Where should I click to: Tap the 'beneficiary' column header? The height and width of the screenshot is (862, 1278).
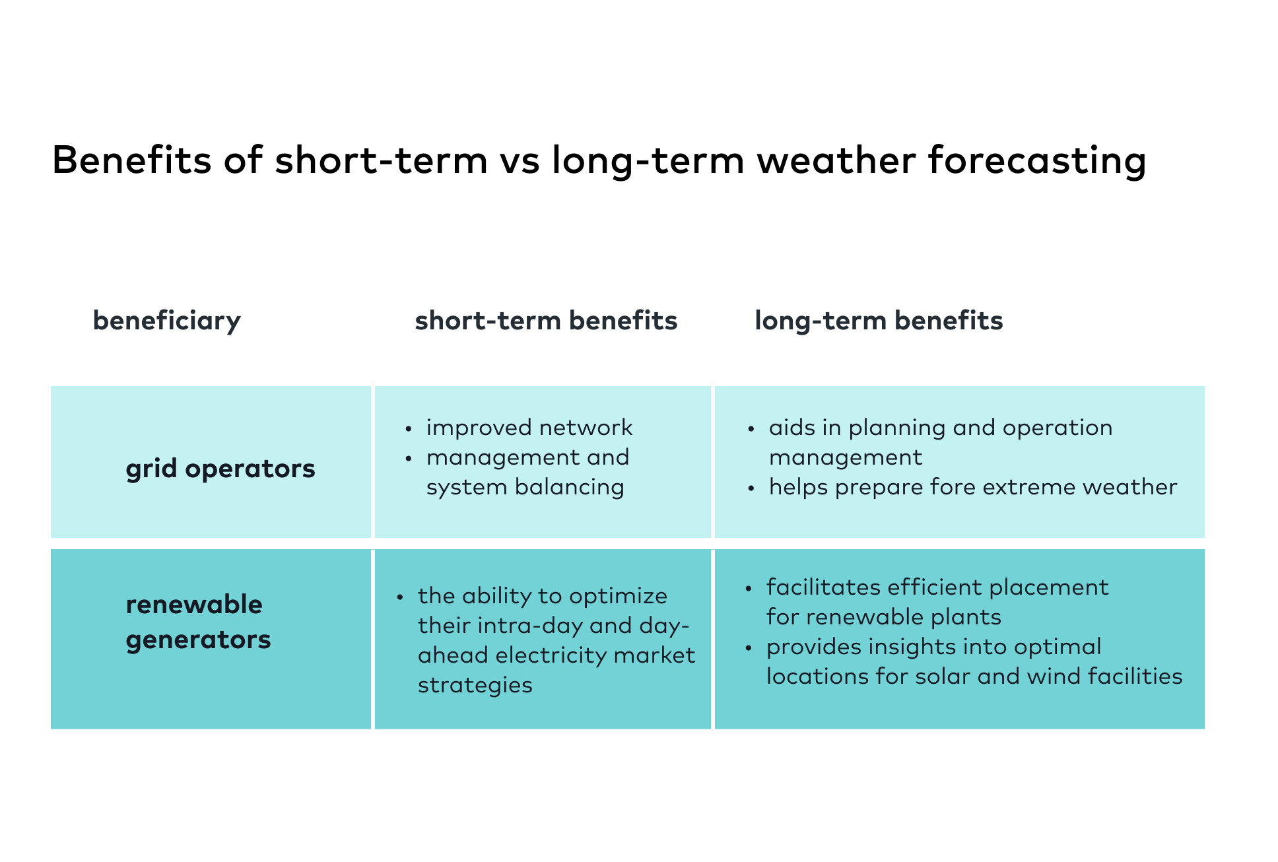(166, 321)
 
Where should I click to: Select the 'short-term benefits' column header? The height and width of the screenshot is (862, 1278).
(546, 321)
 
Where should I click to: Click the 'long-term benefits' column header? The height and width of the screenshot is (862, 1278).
(878, 321)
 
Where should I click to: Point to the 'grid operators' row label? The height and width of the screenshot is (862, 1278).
(220, 469)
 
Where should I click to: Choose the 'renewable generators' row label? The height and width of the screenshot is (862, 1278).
(198, 622)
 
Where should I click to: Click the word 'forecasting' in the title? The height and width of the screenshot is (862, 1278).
(1036, 160)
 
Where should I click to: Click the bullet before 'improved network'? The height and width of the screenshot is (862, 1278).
(409, 429)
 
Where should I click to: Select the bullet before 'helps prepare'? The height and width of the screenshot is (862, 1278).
(751, 488)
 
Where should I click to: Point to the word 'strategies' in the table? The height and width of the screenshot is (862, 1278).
(475, 685)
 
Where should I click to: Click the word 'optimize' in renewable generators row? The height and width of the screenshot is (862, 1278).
(618, 596)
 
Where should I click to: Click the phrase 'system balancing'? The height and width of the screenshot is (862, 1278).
(525, 487)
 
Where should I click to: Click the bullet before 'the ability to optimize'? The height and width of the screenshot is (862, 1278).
(400, 597)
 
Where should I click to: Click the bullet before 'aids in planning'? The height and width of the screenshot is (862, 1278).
(751, 429)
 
